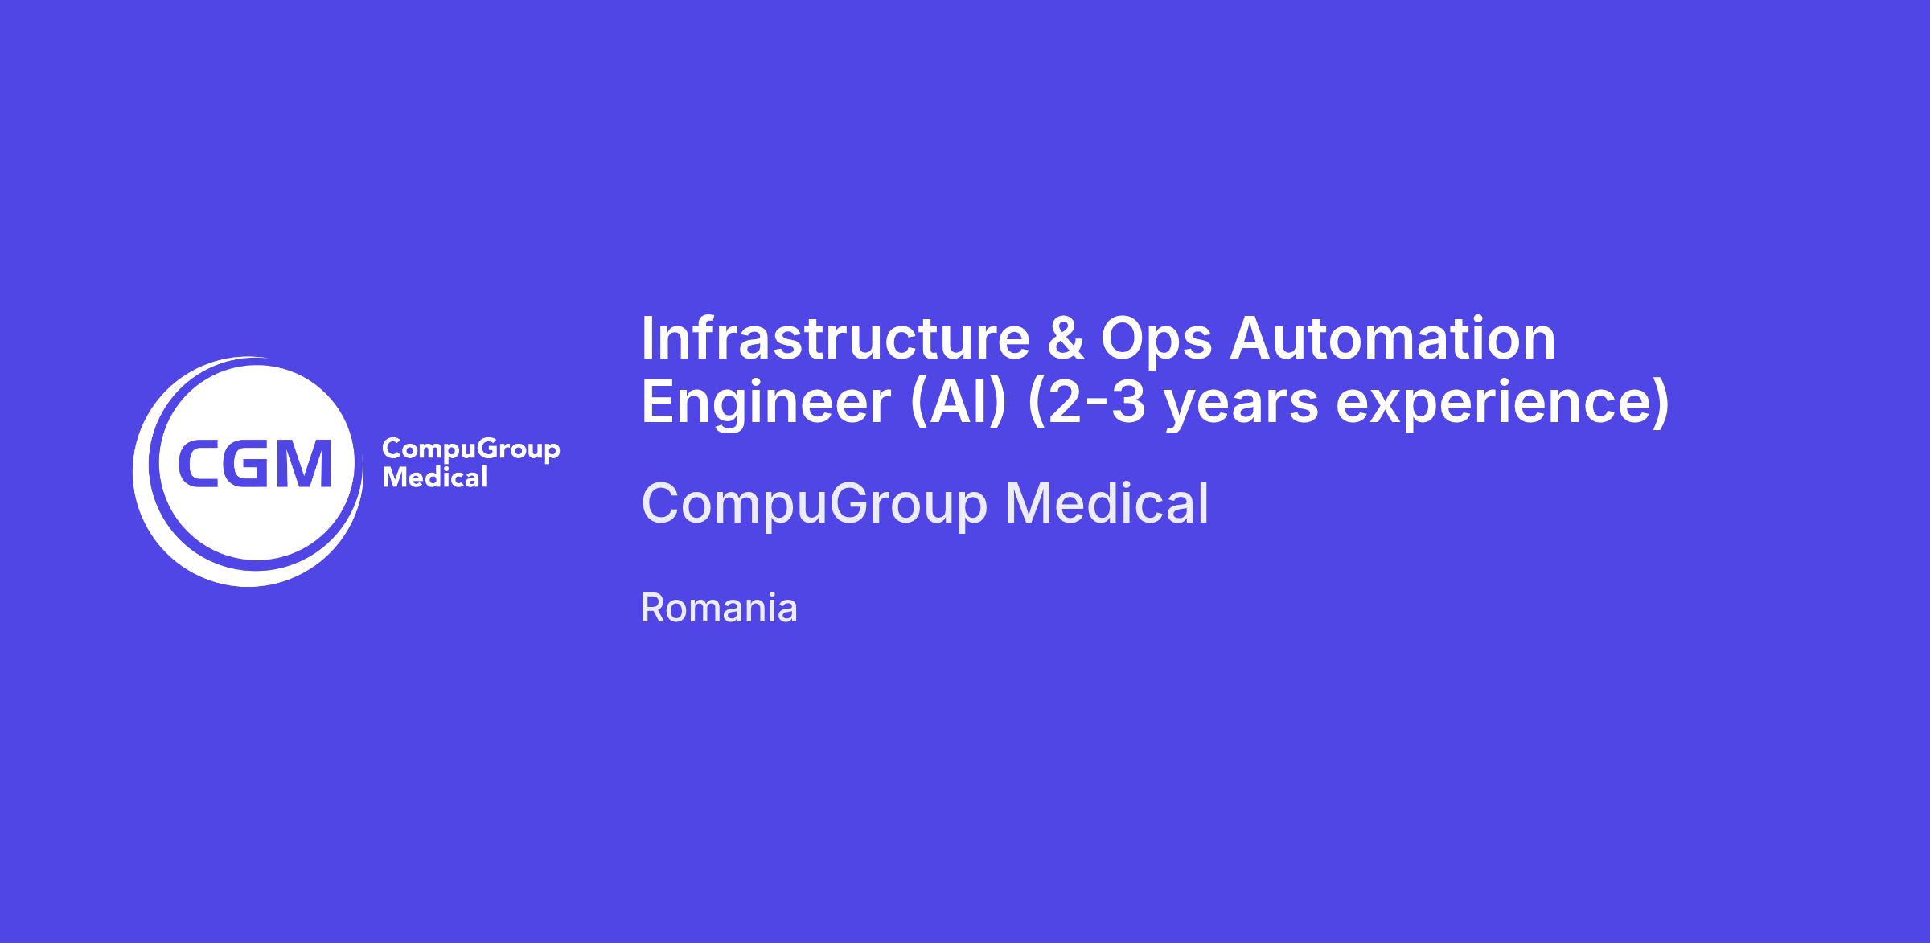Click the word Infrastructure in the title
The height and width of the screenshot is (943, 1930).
(x=835, y=338)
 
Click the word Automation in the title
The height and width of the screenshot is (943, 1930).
(x=1392, y=338)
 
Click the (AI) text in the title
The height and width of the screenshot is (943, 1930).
(x=959, y=403)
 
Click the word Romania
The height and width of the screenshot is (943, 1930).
(x=719, y=609)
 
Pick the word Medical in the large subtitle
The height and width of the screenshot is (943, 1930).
(x=1107, y=503)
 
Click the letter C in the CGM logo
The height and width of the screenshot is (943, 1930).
(x=198, y=464)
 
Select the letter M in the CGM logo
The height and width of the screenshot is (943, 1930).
(x=302, y=464)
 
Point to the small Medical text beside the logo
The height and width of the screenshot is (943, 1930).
(x=435, y=478)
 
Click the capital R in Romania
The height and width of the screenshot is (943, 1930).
(x=651, y=609)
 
